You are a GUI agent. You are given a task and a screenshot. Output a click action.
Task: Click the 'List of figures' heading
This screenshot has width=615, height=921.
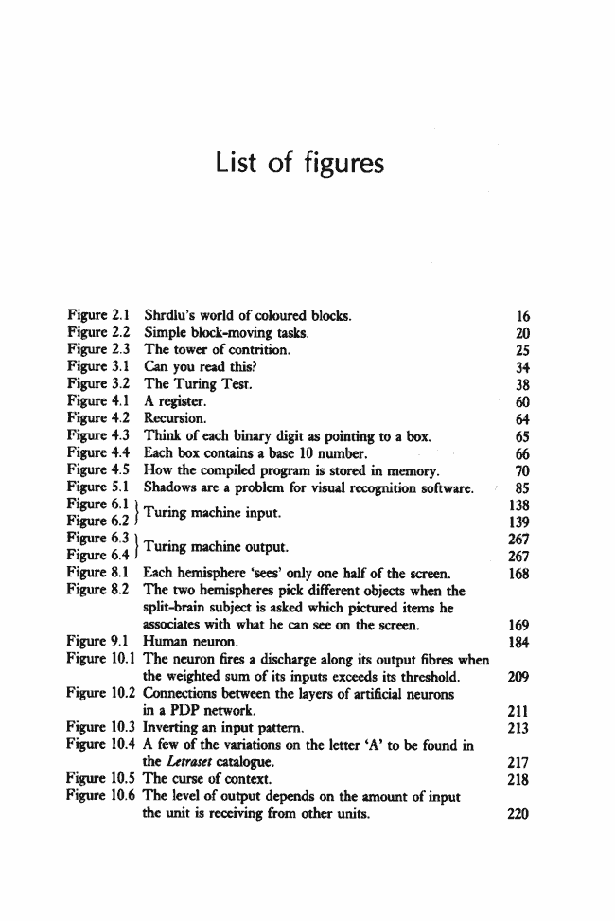click(300, 164)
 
